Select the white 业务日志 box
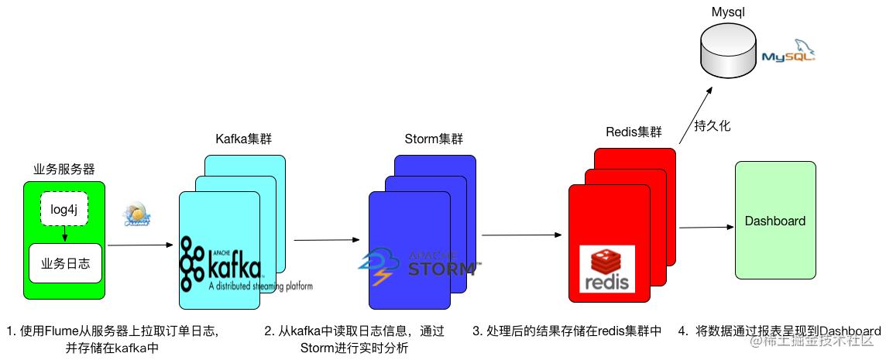[65, 263]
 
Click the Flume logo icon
[137, 216]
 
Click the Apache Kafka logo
[221, 263]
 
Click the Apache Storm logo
[418, 265]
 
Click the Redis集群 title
[634, 132]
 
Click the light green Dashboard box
[774, 220]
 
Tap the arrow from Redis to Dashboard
[705, 227]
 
